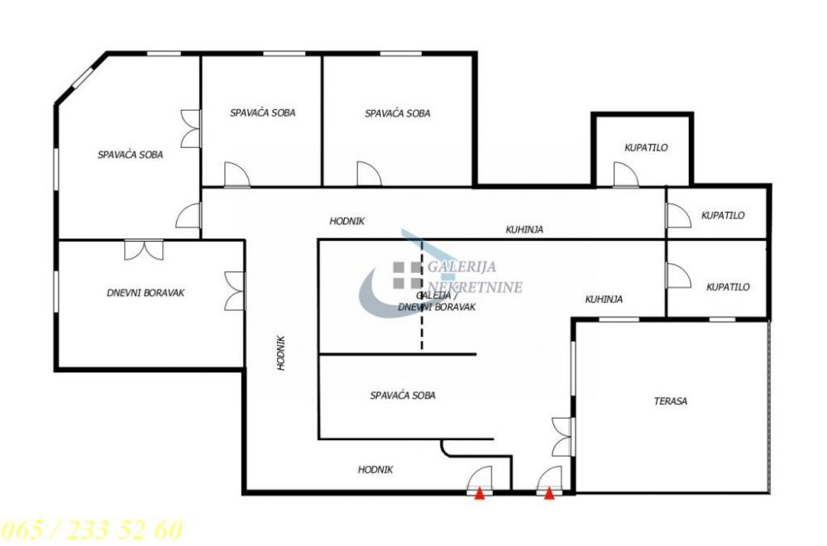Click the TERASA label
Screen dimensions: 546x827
[x=671, y=401]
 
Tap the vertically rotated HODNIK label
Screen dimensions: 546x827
[x=281, y=352]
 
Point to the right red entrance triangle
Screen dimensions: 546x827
[x=548, y=494]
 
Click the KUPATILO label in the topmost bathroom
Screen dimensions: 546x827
[x=646, y=148]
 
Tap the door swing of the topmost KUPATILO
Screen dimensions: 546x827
[x=625, y=175]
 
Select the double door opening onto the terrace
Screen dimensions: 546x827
[x=562, y=436]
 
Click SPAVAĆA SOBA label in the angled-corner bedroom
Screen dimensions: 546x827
[x=130, y=155]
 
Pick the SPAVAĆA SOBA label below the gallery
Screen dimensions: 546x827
[x=403, y=395]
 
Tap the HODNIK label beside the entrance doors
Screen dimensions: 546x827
[x=375, y=469]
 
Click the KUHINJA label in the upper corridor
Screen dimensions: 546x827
[x=524, y=229]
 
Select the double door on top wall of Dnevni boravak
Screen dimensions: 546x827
[x=144, y=249]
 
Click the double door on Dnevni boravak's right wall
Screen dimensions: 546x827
[x=235, y=290]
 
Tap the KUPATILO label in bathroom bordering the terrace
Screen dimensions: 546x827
[x=728, y=287]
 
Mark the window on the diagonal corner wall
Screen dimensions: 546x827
[x=80, y=80]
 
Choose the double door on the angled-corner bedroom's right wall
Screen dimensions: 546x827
[x=191, y=128]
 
